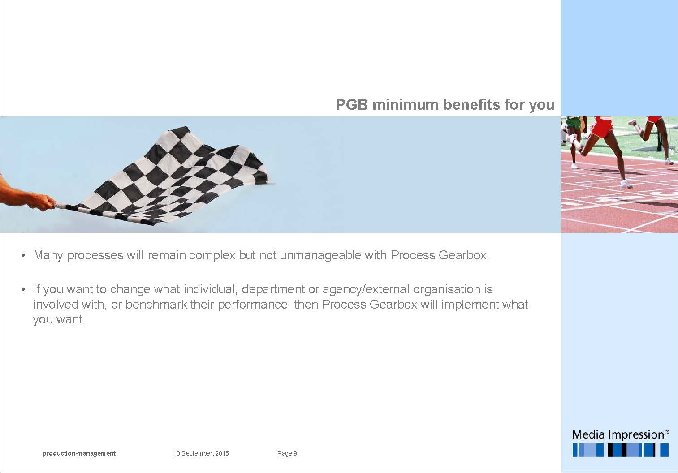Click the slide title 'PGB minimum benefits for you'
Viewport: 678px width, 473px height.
tap(445, 105)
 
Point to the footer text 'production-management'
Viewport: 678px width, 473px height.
tap(79, 453)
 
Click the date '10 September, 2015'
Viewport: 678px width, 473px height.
tap(201, 453)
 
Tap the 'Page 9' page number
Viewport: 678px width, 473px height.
tap(287, 453)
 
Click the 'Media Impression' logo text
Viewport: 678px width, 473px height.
tap(618, 435)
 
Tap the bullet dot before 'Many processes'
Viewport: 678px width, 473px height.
tap(23, 256)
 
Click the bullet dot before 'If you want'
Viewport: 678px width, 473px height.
tap(23, 290)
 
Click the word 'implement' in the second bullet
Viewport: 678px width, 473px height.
tap(470, 305)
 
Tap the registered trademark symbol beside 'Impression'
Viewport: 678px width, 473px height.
tap(666, 432)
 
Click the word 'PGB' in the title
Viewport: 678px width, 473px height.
tap(352, 105)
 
